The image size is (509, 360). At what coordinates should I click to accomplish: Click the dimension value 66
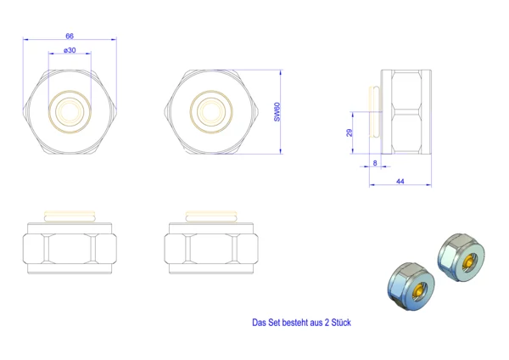click(70, 36)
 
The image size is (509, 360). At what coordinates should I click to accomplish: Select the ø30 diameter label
click(70, 50)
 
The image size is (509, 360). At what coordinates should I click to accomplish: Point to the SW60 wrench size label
click(277, 112)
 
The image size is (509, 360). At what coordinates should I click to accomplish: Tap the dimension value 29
click(350, 132)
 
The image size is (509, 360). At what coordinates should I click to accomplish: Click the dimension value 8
click(375, 163)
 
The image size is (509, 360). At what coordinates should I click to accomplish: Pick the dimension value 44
click(400, 182)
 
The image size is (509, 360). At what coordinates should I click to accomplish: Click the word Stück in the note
click(341, 323)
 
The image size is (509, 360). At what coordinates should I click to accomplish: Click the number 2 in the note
click(327, 323)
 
